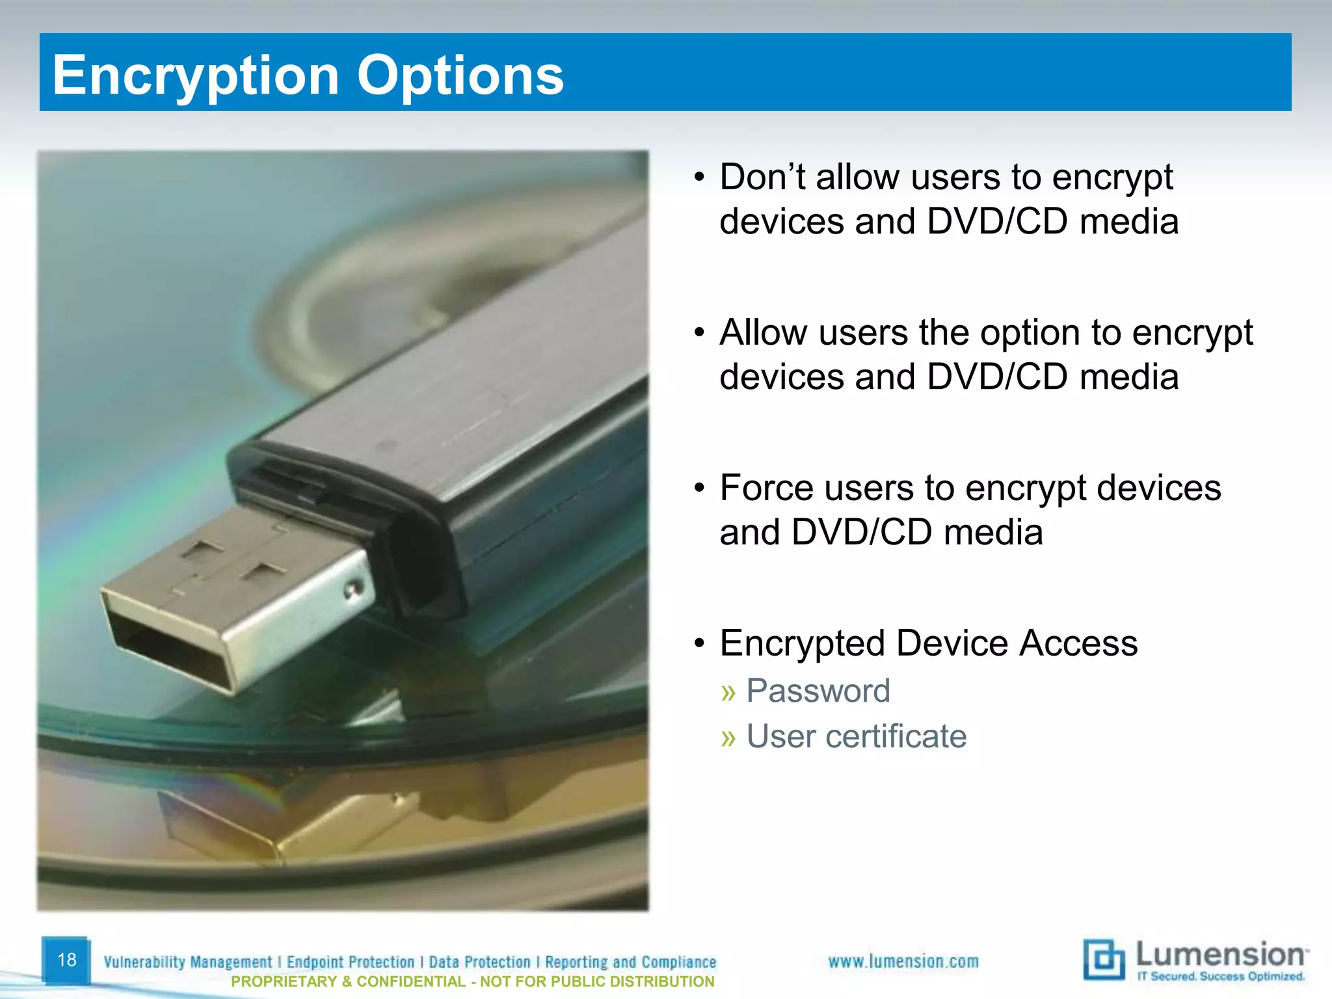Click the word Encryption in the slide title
[x=195, y=75]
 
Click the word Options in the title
[x=460, y=75]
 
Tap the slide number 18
[x=66, y=959]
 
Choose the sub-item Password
[x=818, y=691]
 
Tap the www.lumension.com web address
[x=903, y=961]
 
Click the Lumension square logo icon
[x=1103, y=959]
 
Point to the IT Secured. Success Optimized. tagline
[x=1220, y=976]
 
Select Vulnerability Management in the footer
[x=188, y=962]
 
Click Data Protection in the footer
[x=480, y=962]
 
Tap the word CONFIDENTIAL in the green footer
[x=411, y=981]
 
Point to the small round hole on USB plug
[x=352, y=591]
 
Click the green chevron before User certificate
[x=728, y=738]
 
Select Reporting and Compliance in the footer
[x=630, y=962]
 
